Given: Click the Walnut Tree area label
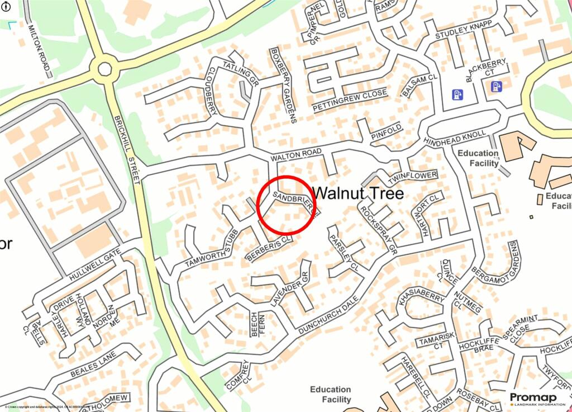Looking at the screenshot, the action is [358, 193].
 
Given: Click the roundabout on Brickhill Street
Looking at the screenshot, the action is [104, 69].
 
